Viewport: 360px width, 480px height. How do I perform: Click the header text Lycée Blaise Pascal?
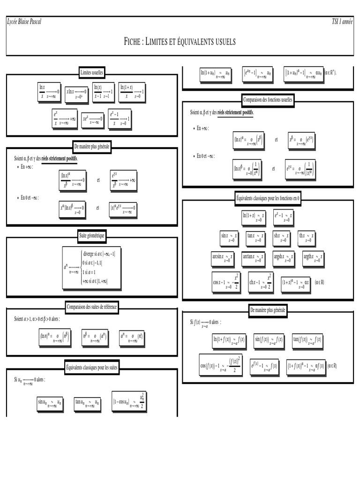[x=24, y=22]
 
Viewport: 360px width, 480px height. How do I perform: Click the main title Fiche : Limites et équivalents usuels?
[x=180, y=42]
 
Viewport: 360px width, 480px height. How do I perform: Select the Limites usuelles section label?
[x=92, y=73]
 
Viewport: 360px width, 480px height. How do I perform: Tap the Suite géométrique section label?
[x=92, y=236]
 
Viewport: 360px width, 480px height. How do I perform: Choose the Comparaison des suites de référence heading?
[x=92, y=307]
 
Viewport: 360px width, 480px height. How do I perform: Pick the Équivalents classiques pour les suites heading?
[x=92, y=367]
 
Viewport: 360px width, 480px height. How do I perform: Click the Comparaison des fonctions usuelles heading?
[x=268, y=99]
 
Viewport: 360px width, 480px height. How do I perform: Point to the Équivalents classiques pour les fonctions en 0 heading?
[x=268, y=199]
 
